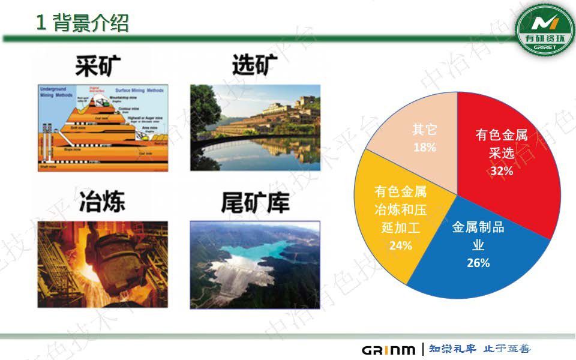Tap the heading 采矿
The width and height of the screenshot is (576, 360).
click(x=99, y=65)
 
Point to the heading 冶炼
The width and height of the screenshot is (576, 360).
click(x=102, y=202)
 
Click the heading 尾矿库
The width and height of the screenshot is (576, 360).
click(x=255, y=203)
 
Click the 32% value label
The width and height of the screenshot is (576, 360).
click(x=501, y=171)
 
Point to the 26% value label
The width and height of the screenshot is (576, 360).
click(x=478, y=263)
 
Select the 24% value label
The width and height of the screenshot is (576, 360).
click(x=400, y=245)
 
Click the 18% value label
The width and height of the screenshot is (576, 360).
click(x=424, y=146)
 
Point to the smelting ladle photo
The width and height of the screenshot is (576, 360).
click(x=102, y=264)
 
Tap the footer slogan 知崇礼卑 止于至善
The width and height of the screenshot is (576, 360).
click(x=479, y=349)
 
